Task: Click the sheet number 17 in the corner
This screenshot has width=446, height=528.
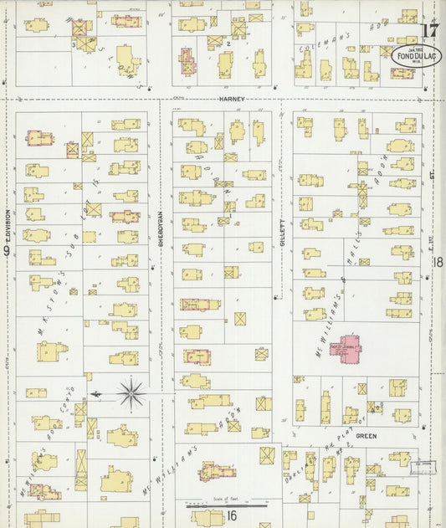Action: click(429, 32)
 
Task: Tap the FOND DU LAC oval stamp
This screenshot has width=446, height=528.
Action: click(417, 55)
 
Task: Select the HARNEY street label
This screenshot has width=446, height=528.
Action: click(231, 99)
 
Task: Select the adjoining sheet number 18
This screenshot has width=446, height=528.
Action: click(438, 262)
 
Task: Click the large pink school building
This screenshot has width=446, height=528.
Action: click(348, 347)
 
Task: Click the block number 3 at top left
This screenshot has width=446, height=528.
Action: click(74, 44)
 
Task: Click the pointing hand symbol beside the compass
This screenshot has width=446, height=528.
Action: click(97, 392)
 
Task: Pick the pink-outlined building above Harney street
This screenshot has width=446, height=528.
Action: click(187, 60)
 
